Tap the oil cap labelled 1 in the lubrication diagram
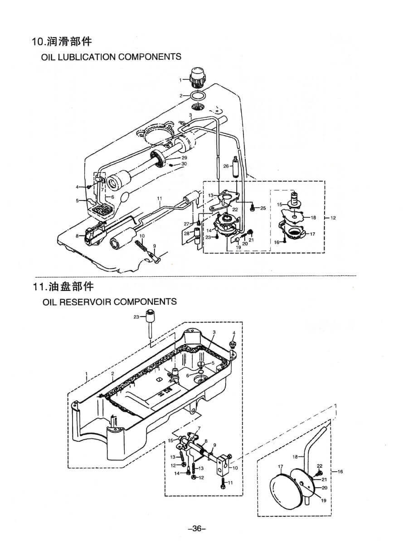pyautogui.click(x=197, y=78)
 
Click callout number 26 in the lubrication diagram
pyautogui.click(x=226, y=166)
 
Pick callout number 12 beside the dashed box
pyautogui.click(x=333, y=218)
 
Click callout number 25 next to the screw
pyautogui.click(x=263, y=208)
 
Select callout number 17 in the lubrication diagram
pyautogui.click(x=313, y=234)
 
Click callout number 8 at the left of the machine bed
pyautogui.click(x=78, y=235)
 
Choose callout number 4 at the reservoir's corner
pyautogui.click(x=234, y=333)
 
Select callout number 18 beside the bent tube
pyautogui.click(x=295, y=457)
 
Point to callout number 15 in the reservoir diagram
pyautogui.click(x=170, y=440)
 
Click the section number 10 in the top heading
pyautogui.click(x=37, y=42)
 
